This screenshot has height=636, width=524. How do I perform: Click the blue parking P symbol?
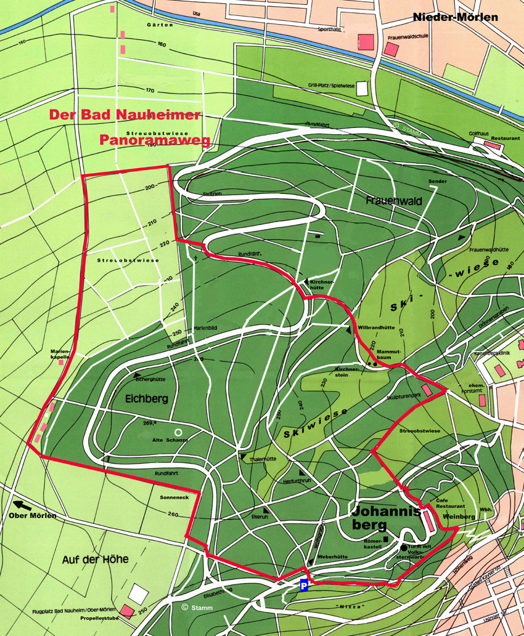click(304, 586)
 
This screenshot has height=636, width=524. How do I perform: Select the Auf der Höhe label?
click(95, 560)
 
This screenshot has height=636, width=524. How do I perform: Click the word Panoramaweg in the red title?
click(155, 140)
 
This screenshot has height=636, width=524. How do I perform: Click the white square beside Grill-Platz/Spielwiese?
click(361, 88)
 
